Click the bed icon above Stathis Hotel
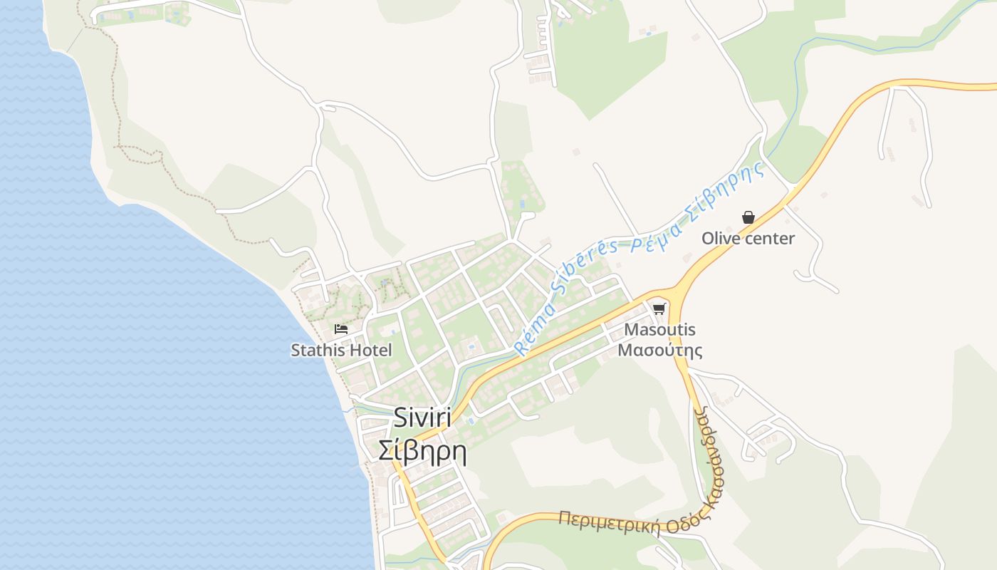(341, 329)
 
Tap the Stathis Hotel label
(341, 350)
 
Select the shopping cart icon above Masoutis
(659, 309)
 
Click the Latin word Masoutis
(659, 330)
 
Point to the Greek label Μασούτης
(659, 350)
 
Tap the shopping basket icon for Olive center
(748, 217)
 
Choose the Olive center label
(748, 238)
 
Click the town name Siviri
(422, 418)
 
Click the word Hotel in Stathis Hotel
(370, 350)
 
